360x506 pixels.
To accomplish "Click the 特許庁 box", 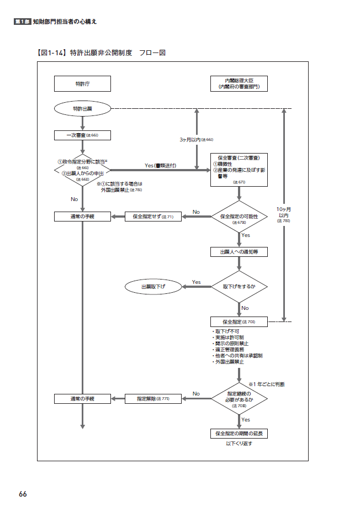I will click(82, 83).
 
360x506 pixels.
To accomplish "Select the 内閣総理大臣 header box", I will click(239, 83).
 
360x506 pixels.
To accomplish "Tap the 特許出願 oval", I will click(82, 109).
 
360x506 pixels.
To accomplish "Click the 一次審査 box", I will click(82, 135).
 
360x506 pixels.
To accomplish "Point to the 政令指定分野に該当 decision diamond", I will click(82, 170).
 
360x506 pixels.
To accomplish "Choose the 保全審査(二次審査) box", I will click(239, 170).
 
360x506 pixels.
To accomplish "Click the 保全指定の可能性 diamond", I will click(239, 217).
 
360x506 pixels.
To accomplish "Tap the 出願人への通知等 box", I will click(239, 251).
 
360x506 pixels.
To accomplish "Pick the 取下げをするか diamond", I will click(239, 287).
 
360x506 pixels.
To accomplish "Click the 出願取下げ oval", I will click(153, 287).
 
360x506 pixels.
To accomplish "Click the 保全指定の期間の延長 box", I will click(239, 434).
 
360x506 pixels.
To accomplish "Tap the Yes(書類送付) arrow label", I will click(160, 165).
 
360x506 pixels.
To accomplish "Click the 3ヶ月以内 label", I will click(196, 140).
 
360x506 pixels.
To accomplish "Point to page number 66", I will click(23, 493).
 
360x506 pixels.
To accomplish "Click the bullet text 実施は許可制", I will click(227, 337).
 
